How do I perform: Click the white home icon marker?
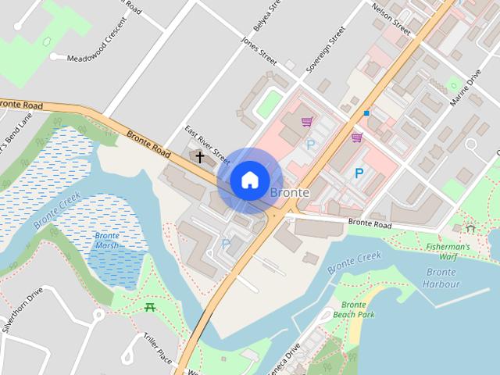(249, 180)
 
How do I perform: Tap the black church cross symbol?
(199, 157)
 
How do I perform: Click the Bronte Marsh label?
(107, 240)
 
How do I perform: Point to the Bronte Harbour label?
(441, 278)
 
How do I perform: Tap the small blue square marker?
(366, 113)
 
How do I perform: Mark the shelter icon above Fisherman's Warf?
(470, 228)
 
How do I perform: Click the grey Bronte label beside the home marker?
(289, 192)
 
